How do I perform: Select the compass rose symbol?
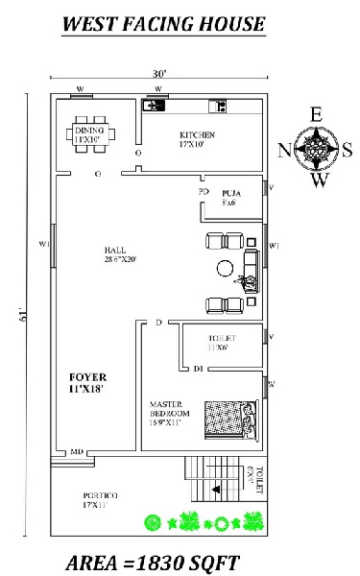(x=316, y=149)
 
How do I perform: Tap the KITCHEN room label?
(x=198, y=139)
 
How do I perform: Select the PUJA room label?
(x=230, y=197)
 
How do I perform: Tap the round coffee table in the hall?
(x=226, y=270)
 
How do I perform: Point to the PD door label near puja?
(x=204, y=192)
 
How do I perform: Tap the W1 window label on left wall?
(x=43, y=244)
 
